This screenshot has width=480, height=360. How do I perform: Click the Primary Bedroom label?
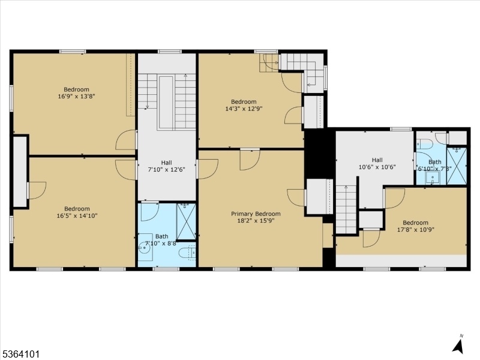point(256,214)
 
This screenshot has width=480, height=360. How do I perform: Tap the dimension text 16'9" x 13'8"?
point(77,96)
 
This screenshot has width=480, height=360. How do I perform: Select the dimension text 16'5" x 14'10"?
point(77,215)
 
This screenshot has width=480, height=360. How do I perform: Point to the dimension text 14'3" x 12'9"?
point(244,109)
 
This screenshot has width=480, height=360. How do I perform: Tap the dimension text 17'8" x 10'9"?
point(415,229)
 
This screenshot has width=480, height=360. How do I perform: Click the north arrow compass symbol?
point(458,344)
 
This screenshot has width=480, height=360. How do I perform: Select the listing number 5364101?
point(20,355)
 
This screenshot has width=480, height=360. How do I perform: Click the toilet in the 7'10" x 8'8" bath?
point(187,253)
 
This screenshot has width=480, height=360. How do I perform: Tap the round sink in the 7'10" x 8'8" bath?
point(144,247)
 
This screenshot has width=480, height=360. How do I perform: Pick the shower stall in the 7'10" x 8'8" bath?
point(186,221)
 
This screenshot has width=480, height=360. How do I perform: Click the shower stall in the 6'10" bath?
point(457,166)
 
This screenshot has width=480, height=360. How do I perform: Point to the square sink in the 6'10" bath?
point(433,178)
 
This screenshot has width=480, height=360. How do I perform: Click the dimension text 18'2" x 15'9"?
point(256,220)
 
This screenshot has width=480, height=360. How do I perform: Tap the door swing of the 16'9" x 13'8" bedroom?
point(126,140)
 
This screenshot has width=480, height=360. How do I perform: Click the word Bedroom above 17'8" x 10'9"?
point(415,223)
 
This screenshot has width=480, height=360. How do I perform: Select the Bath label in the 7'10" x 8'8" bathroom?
point(161,236)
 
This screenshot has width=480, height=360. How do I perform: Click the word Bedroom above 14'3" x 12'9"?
point(244,101)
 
